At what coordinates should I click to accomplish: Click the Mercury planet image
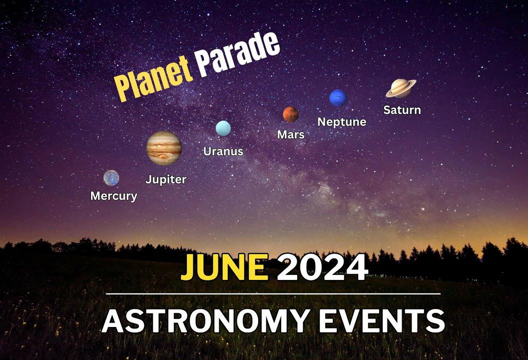pyautogui.click(x=111, y=178)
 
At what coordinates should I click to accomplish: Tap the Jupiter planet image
pyautogui.click(x=164, y=147)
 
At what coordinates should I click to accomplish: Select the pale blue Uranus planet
pyautogui.click(x=223, y=128)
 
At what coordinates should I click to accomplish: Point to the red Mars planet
pyautogui.click(x=290, y=114)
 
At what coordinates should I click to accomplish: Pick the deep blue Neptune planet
pyautogui.click(x=338, y=98)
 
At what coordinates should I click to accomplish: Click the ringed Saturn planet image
pyautogui.click(x=401, y=88)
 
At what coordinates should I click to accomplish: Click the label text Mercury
pyautogui.click(x=114, y=196)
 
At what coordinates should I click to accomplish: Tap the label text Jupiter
pyautogui.click(x=166, y=179)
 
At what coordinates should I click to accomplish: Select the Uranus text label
pyautogui.click(x=223, y=151)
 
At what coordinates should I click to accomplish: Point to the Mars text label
pyautogui.click(x=291, y=134)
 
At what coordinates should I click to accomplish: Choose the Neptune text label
pyautogui.click(x=342, y=122)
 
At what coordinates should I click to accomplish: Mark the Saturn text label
pyautogui.click(x=402, y=110)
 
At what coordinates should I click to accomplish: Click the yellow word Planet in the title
pyautogui.click(x=153, y=78)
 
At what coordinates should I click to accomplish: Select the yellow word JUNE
pyautogui.click(x=225, y=267)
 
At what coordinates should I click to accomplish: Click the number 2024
pyautogui.click(x=322, y=267)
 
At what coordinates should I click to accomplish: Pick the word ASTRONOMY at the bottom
pyautogui.click(x=206, y=321)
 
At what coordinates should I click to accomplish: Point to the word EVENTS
pyautogui.click(x=382, y=321)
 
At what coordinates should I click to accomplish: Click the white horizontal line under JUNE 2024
pyautogui.click(x=273, y=294)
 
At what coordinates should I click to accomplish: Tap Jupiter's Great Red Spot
pyautogui.click(x=164, y=156)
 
